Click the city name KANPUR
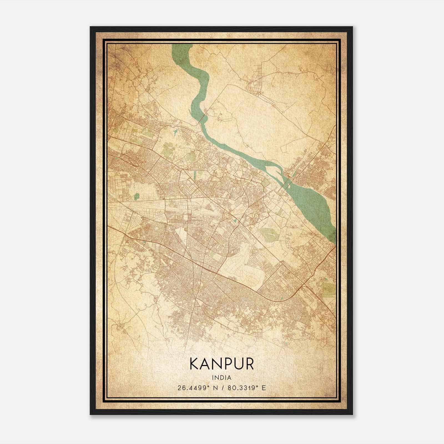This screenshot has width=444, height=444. point(221,364)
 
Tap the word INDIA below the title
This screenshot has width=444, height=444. point(221,378)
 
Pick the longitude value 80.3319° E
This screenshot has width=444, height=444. point(246,388)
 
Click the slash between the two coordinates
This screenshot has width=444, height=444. point(222,388)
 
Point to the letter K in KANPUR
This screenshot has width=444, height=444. point(193,364)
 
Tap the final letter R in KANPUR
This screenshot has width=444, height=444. point(249,364)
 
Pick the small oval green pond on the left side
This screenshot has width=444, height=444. point(136,197)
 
